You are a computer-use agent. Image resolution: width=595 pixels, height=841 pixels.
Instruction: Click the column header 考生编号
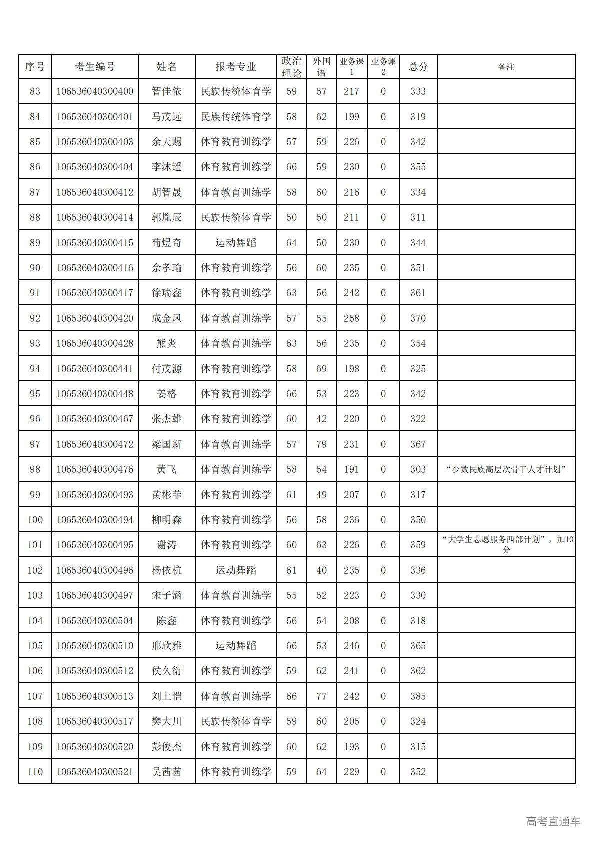(95, 67)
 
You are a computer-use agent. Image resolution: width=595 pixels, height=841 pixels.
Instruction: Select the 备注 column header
(506, 67)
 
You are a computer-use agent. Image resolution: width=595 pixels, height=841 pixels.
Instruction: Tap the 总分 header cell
(418, 67)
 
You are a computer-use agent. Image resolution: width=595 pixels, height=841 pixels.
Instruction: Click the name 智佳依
(166, 91)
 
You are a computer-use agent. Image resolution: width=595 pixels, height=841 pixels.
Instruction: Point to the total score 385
(418, 696)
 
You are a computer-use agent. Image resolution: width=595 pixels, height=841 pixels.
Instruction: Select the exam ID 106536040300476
(95, 469)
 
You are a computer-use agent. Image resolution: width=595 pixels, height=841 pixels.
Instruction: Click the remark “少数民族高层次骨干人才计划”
(506, 469)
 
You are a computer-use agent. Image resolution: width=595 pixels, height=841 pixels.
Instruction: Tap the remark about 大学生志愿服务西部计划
(506, 544)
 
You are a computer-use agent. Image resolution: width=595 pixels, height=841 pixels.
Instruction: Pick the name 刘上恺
(166, 696)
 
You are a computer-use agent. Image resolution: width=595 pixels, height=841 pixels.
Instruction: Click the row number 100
(35, 520)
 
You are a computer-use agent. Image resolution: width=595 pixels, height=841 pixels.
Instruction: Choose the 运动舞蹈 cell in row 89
(235, 243)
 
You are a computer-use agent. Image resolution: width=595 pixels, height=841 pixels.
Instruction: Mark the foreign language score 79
(321, 444)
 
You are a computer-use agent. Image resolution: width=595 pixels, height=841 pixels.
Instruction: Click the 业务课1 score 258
(351, 318)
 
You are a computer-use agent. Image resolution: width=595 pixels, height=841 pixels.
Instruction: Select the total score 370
(418, 318)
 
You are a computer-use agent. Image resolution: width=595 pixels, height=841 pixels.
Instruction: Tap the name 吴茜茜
(166, 771)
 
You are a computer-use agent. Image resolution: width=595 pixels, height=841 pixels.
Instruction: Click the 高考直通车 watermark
(553, 821)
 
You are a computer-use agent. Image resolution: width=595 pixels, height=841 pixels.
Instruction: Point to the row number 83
(35, 91)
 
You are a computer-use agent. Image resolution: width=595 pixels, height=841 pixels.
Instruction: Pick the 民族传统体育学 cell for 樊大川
(235, 721)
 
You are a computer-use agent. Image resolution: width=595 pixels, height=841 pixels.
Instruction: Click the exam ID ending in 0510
(95, 645)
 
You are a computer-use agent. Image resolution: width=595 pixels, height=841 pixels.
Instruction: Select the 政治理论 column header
(291, 67)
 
